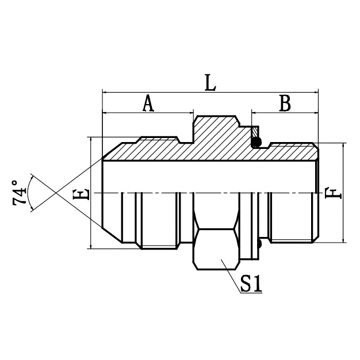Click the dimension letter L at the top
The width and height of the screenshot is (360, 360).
(x=210, y=82)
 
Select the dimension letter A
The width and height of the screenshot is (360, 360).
(x=148, y=104)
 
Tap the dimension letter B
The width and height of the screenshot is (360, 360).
(x=285, y=104)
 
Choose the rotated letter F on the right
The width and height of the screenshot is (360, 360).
(x=332, y=193)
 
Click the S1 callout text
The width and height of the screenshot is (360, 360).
(x=251, y=285)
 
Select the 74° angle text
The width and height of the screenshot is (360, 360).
(x=20, y=193)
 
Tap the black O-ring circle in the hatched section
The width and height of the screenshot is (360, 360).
(x=257, y=141)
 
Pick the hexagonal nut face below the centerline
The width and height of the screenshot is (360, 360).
(x=216, y=248)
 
